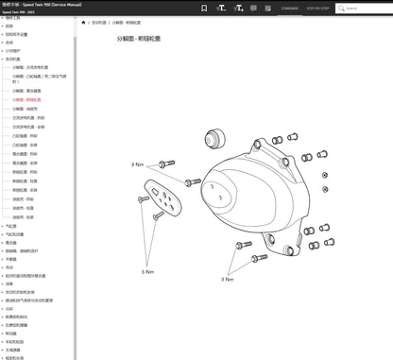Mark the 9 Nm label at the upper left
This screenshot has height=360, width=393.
click(x=137, y=163)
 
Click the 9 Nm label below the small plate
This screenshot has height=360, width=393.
click(x=147, y=271)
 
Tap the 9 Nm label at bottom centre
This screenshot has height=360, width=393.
click(x=227, y=279)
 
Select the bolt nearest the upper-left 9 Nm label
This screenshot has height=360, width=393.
click(x=166, y=164)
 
